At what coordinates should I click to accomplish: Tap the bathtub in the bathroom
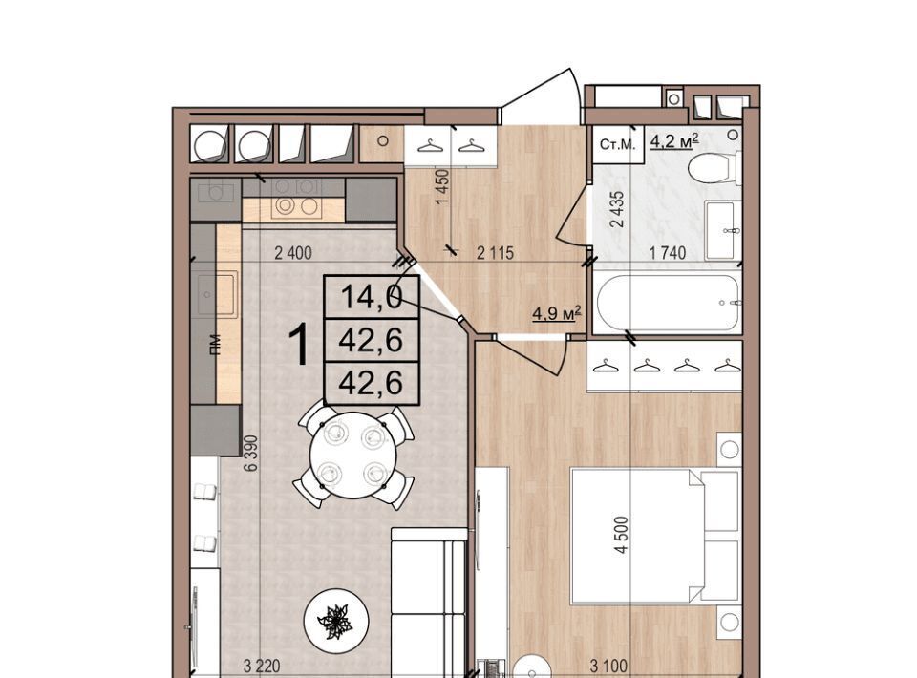pos(670,303)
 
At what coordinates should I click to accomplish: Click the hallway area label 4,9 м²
pos(556,313)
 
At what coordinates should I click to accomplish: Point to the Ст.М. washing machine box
pos(618,144)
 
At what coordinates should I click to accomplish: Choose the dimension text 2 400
pos(293,253)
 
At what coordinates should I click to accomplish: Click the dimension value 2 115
pos(495,253)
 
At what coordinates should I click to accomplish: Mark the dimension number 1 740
pos(668,253)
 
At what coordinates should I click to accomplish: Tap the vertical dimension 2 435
pos(617,209)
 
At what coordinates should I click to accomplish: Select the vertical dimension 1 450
pos(442,186)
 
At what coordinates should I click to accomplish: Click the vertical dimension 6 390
pos(251,453)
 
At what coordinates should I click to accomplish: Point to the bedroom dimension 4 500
pos(622,534)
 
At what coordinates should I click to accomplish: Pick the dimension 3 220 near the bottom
pos(262,666)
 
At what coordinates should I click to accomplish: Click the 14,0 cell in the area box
pos(372,297)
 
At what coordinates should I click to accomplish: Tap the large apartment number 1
pos(299,345)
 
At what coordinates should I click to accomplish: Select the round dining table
pos(352,456)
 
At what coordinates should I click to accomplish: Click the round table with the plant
pos(336,621)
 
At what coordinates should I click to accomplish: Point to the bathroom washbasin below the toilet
pos(723,230)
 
